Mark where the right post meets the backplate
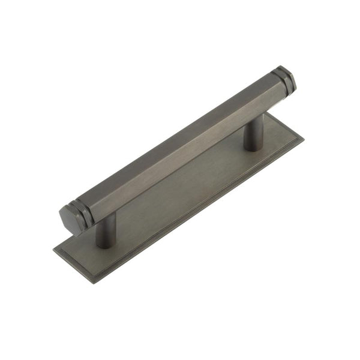(253, 147)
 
